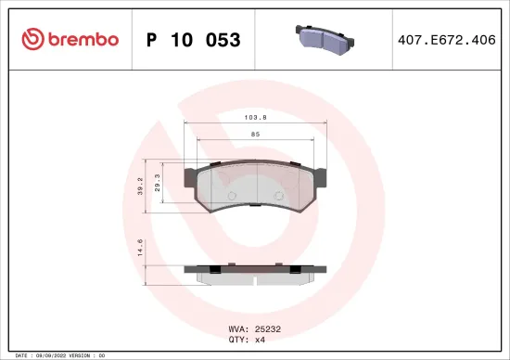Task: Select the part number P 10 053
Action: [x=194, y=40]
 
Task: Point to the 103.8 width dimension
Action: [x=256, y=119]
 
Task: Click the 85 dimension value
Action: [x=256, y=135]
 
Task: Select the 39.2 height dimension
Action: [x=140, y=188]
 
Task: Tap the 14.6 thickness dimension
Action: [x=140, y=248]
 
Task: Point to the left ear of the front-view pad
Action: [x=191, y=174]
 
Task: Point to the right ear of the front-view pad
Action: [x=321, y=174]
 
